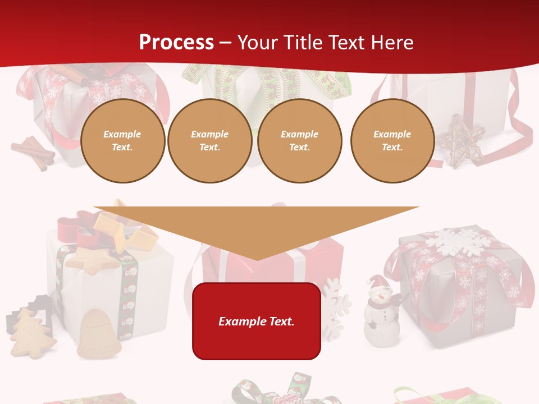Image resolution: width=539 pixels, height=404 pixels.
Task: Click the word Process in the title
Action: pyautogui.click(x=176, y=43)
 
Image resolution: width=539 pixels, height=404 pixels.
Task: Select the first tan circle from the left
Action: pyautogui.click(x=123, y=141)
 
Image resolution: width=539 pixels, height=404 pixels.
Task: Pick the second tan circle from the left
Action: pyautogui.click(x=210, y=141)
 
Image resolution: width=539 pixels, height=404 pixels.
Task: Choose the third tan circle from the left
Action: pyautogui.click(x=300, y=141)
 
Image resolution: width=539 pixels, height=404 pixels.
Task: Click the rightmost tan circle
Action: pyautogui.click(x=392, y=141)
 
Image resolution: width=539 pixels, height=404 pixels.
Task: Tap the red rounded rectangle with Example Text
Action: pyautogui.click(x=257, y=321)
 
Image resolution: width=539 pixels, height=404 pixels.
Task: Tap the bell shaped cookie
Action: pyautogui.click(x=98, y=334)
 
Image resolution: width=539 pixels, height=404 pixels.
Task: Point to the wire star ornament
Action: pyautogui.click(x=460, y=140)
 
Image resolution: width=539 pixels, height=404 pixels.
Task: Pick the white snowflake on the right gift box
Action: pyautogui.click(x=455, y=241)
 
